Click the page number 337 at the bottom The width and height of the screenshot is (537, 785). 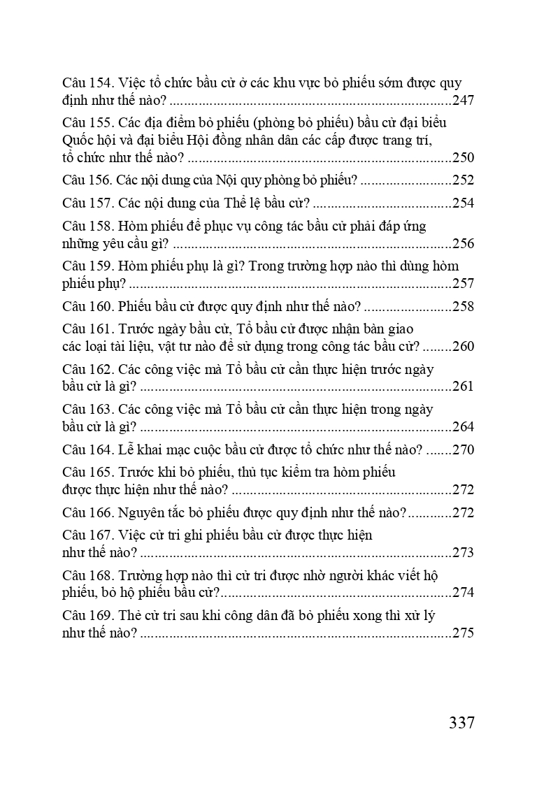click(x=461, y=722)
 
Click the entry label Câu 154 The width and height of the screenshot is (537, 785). click(x=87, y=83)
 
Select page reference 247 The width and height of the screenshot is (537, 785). click(x=463, y=100)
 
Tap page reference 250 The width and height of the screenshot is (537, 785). click(x=463, y=157)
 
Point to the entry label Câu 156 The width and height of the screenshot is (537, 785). click(x=87, y=180)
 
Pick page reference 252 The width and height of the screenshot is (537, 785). click(x=463, y=180)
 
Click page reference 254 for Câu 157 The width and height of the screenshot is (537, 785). click(x=463, y=203)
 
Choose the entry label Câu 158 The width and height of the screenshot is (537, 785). click(x=87, y=226)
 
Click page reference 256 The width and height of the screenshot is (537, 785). click(x=463, y=244)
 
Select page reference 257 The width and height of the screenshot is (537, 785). click(x=463, y=284)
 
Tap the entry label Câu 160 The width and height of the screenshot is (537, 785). click(x=87, y=306)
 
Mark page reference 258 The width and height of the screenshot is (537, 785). click(x=463, y=306)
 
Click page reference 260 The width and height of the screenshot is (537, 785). click(x=463, y=347)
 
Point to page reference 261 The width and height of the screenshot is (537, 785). click(x=463, y=387)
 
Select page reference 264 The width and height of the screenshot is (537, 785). click(x=463, y=426)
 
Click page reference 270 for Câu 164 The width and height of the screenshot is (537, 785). click(x=463, y=449)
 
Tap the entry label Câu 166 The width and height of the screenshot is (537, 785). click(x=87, y=512)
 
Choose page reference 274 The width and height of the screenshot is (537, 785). click(x=463, y=593)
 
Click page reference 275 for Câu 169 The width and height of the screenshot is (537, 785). click(x=463, y=633)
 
